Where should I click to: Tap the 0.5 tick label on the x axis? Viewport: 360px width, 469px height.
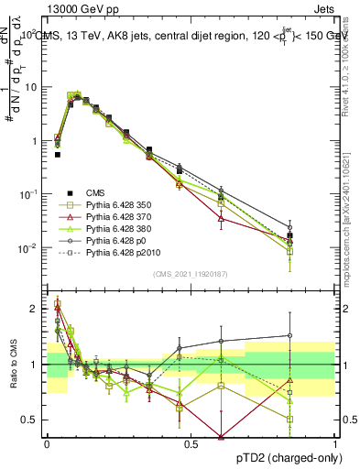[191, 442]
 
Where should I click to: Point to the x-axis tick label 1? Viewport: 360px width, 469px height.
[336, 442]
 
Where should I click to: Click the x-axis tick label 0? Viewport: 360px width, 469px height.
[47, 442]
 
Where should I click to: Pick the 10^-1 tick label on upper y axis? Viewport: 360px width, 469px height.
[30, 194]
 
